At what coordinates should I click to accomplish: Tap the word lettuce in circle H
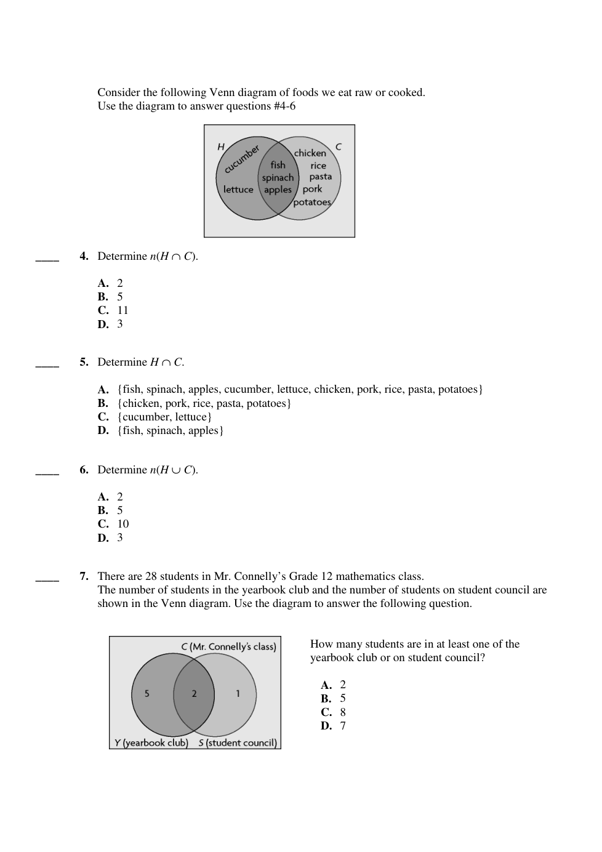pyautogui.click(x=238, y=190)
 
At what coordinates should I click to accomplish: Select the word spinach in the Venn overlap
pyautogui.click(x=278, y=178)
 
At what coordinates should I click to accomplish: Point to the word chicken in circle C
pyautogui.click(x=310, y=153)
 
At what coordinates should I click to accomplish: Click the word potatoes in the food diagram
pyautogui.click(x=312, y=202)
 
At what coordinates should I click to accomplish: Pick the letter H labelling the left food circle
pyautogui.click(x=221, y=147)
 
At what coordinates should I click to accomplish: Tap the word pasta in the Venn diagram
pyautogui.click(x=320, y=177)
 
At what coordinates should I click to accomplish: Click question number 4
pyautogui.click(x=84, y=256)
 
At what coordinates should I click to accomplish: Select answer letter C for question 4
pyautogui.click(x=103, y=310)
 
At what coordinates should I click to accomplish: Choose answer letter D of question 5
pyautogui.click(x=103, y=430)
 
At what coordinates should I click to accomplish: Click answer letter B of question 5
pyautogui.click(x=103, y=403)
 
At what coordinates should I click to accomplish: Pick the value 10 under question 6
pyautogui.click(x=123, y=524)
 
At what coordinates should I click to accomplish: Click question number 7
pyautogui.click(x=84, y=576)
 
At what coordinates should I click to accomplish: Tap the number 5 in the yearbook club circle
pyautogui.click(x=146, y=694)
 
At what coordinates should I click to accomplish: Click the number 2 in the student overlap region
pyautogui.click(x=194, y=694)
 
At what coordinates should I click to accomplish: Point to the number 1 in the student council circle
pyautogui.click(x=238, y=694)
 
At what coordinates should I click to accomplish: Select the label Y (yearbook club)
pyautogui.click(x=151, y=742)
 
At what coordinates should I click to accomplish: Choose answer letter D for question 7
pyautogui.click(x=326, y=726)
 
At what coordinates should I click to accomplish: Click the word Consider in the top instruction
pyautogui.click(x=119, y=92)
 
